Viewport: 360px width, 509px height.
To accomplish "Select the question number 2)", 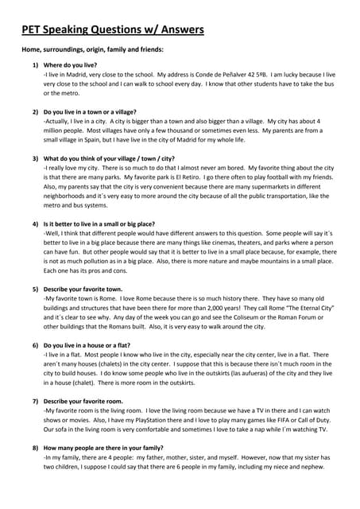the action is tap(36, 112).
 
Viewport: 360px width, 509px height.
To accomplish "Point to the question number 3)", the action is tap(36, 158).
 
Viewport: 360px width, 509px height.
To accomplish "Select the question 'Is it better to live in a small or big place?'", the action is tap(99, 224).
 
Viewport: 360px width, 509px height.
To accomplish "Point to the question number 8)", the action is tap(36, 449).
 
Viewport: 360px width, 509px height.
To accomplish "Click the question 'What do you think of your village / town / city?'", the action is tap(109, 158).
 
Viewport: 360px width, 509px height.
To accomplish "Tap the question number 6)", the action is tap(36, 345).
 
